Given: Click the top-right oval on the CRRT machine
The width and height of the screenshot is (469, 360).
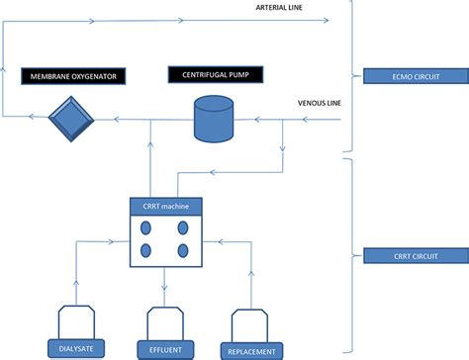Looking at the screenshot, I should [x=184, y=226].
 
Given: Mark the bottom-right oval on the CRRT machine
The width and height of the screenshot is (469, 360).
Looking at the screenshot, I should [x=184, y=249].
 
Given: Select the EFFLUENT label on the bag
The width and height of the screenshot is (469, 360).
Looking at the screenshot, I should [x=165, y=348].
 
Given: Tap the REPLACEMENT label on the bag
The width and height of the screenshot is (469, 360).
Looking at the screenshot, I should [x=251, y=349].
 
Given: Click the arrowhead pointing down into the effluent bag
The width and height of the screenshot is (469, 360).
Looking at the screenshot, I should [x=165, y=290].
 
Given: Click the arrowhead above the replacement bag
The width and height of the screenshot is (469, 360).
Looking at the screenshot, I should [x=251, y=275].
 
